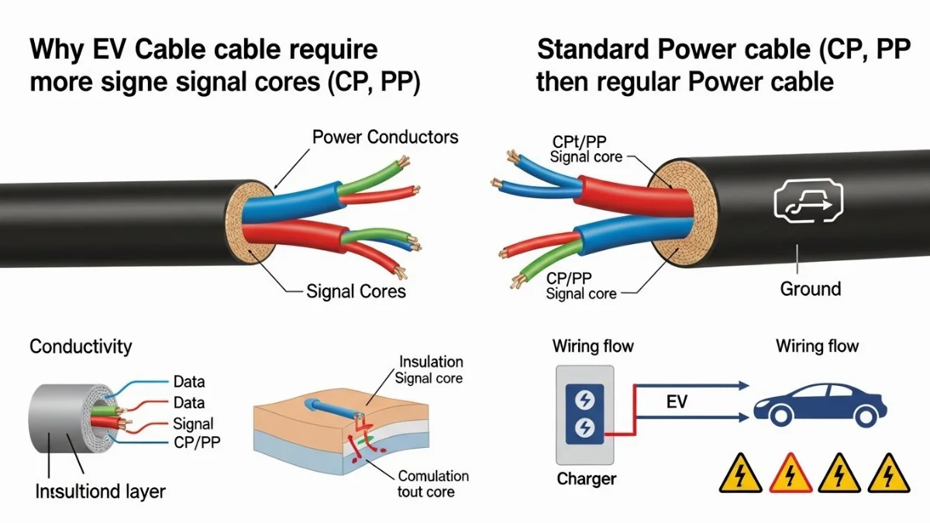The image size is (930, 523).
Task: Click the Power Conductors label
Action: (385, 137)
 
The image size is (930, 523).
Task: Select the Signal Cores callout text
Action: (356, 291)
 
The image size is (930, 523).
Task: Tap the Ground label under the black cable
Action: (809, 289)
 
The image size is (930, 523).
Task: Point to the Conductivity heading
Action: (81, 346)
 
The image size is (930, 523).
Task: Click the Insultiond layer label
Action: (100, 490)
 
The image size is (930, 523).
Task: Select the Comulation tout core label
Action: (432, 483)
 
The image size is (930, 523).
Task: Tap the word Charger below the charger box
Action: (587, 479)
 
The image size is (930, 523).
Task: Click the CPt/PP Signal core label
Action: (586, 149)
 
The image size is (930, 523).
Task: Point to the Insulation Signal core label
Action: (430, 370)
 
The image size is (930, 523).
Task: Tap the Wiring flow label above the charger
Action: (592, 346)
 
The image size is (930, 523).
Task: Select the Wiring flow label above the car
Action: (817, 346)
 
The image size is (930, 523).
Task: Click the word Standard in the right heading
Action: (592, 50)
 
